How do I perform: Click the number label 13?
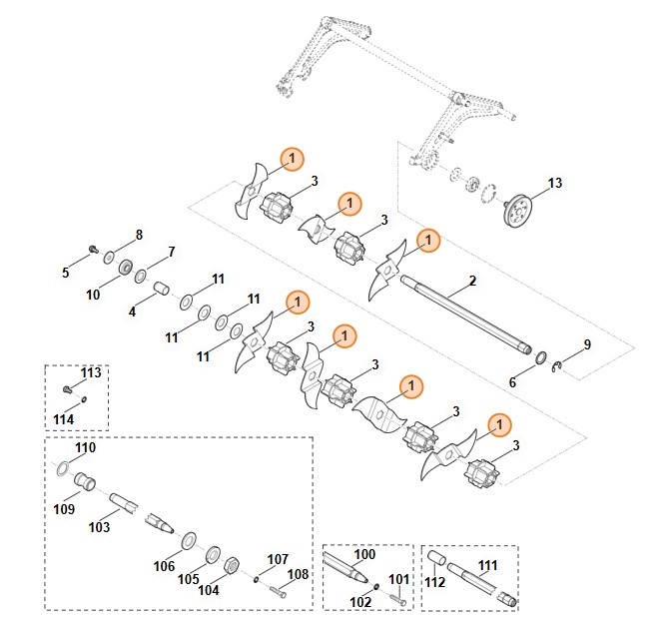click(x=555, y=183)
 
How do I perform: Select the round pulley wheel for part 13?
click(x=517, y=213)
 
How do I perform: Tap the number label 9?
click(x=587, y=344)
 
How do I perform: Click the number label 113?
click(x=91, y=372)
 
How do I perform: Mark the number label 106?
click(x=164, y=566)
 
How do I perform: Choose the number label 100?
click(x=364, y=553)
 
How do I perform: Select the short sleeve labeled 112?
click(x=436, y=557)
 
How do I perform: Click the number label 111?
click(x=487, y=566)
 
